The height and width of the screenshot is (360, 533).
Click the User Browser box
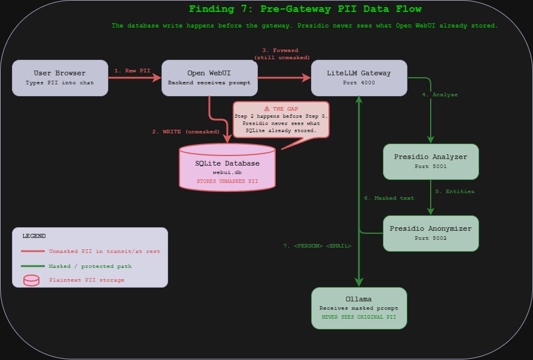click(60, 78)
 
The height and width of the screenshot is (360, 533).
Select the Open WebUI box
click(209, 78)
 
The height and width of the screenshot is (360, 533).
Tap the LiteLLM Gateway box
click(359, 78)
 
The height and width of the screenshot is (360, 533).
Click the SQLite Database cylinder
click(227, 168)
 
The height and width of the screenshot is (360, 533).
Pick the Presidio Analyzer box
click(431, 161)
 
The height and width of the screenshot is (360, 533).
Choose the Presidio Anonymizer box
click(431, 233)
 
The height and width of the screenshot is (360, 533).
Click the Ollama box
click(359, 308)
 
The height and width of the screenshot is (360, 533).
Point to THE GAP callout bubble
click(281, 120)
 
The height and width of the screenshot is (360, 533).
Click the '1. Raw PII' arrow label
click(133, 71)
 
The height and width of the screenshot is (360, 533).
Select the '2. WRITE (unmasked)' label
click(185, 132)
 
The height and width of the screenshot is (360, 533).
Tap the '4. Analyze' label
click(440, 95)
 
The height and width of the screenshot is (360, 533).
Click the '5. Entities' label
click(455, 191)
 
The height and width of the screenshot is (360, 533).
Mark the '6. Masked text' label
click(389, 198)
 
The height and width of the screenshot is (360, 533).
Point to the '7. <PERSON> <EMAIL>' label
click(317, 246)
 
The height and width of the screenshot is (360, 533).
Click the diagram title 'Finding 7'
click(305, 9)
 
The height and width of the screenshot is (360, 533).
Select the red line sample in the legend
click(33, 252)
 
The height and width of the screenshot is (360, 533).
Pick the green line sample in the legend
click(33, 266)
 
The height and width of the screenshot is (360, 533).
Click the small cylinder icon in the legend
click(32, 280)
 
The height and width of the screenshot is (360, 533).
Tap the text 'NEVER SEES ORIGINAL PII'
click(359, 317)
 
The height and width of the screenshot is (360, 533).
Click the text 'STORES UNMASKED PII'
click(227, 181)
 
